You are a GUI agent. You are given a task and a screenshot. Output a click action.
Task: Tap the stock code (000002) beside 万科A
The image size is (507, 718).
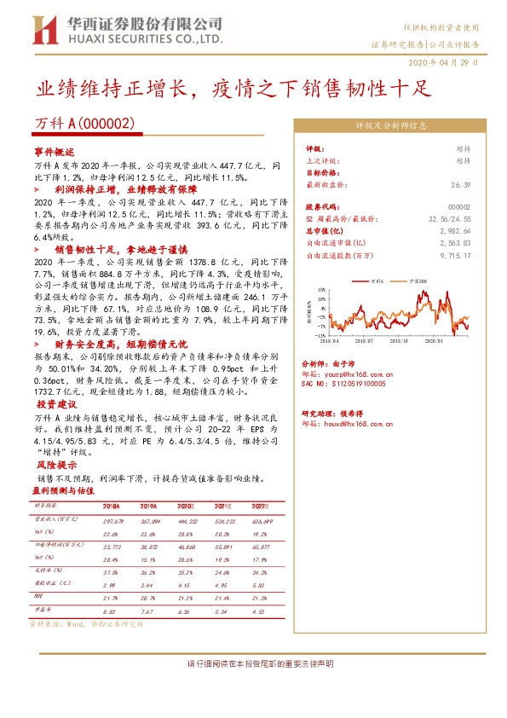[106, 124]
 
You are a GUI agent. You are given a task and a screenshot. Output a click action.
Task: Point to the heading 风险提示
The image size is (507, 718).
[56, 466]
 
